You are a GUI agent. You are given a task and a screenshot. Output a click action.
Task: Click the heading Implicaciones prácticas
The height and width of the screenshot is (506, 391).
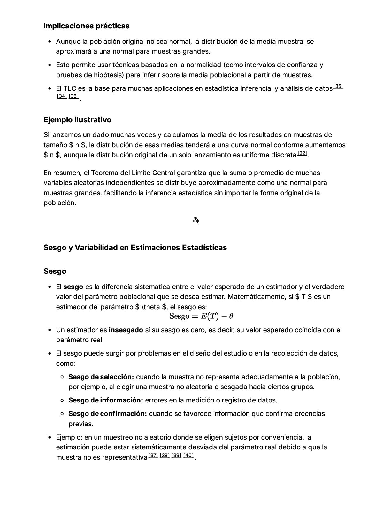(x=86, y=26)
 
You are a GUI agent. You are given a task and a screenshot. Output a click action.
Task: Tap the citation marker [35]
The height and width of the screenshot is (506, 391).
(x=338, y=86)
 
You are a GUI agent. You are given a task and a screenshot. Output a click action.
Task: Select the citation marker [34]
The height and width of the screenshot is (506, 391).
(x=62, y=96)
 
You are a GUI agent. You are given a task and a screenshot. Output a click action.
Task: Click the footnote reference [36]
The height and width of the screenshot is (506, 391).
(x=74, y=96)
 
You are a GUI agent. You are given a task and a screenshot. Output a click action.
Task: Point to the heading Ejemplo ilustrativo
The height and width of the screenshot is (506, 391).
(x=77, y=120)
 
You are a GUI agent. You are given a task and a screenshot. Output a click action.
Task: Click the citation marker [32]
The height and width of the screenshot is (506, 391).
(x=302, y=153)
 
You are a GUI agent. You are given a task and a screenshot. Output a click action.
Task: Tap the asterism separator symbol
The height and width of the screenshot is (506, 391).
(x=195, y=220)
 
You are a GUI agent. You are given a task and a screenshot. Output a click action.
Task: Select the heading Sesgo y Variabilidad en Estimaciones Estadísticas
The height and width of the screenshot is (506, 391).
(x=135, y=248)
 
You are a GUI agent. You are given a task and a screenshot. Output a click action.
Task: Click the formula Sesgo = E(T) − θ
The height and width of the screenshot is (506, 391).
(x=201, y=316)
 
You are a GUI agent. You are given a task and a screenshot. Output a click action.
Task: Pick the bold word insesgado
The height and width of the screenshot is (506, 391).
(x=126, y=330)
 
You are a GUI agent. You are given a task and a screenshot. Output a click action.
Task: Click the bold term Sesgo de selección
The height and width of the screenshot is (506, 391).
(x=101, y=377)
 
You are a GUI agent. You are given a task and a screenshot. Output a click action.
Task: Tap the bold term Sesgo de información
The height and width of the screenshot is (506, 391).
(x=105, y=400)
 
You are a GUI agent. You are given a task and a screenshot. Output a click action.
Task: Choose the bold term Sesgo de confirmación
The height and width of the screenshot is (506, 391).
(x=108, y=414)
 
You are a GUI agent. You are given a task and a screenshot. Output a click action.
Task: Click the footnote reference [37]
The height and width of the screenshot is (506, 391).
(x=153, y=455)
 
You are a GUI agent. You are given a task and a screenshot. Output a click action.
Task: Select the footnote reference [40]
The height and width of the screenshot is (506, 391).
(x=188, y=455)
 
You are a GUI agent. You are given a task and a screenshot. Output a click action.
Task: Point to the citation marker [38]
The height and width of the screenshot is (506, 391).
(x=165, y=455)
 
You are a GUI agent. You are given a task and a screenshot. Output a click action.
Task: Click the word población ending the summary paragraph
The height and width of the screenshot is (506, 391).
(x=59, y=203)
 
